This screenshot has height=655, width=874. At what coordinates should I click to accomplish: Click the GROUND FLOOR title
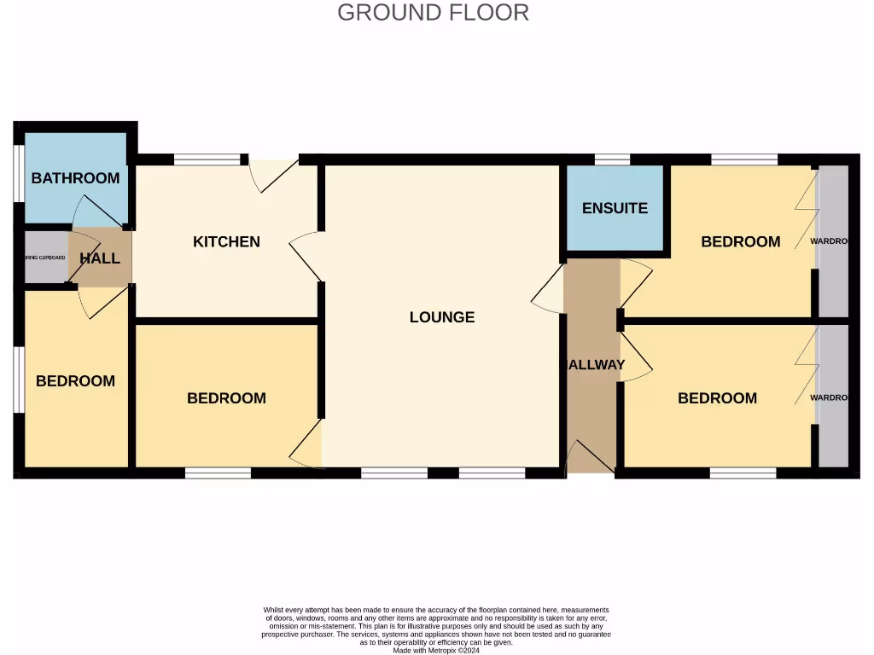tap(433, 13)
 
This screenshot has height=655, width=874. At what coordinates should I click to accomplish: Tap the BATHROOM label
tap(75, 178)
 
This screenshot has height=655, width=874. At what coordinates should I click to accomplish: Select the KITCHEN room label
tap(226, 242)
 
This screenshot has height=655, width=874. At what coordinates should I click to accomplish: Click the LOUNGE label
tap(441, 317)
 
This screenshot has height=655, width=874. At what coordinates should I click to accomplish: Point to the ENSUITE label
tap(615, 208)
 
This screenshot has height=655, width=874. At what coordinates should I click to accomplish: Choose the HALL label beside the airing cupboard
tap(100, 258)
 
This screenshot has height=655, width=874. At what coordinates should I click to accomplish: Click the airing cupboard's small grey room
tap(45, 258)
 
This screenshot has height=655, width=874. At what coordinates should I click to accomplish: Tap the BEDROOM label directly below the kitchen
tap(226, 398)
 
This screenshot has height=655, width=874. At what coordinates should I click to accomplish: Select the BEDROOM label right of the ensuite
tap(740, 242)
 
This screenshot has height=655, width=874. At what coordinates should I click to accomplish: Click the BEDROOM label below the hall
tap(75, 381)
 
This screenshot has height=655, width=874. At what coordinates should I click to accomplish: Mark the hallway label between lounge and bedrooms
tap(596, 365)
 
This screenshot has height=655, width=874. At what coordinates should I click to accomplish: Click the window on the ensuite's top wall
tap(611, 159)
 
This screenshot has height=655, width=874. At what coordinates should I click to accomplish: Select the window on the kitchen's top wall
tap(207, 159)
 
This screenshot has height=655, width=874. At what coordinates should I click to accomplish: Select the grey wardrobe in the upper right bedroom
tap(833, 241)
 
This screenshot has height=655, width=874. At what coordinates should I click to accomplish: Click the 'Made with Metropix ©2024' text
tap(436, 650)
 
